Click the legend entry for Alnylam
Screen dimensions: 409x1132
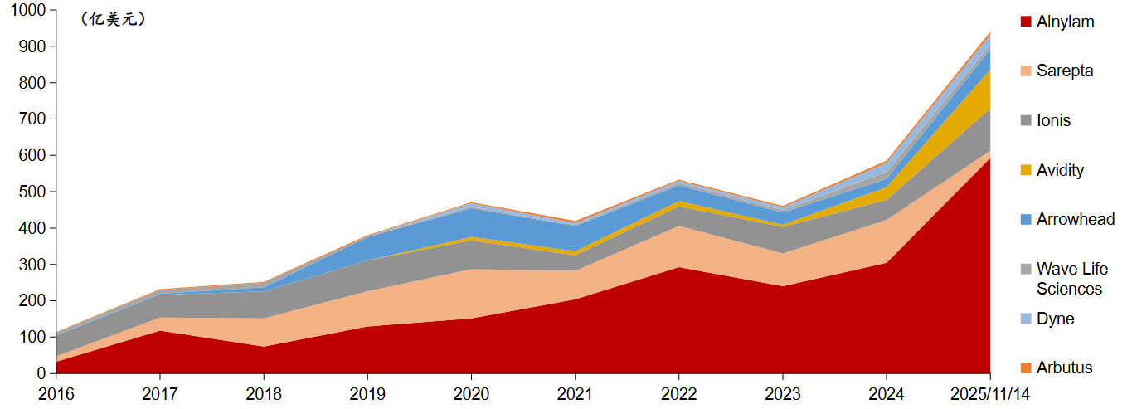[x=1065, y=22]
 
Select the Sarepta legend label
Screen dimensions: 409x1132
[x=1065, y=71]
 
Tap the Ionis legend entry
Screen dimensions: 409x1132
[x=1053, y=120]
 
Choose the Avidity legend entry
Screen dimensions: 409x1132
[x=1060, y=170]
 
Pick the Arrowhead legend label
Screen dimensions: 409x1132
[x=1076, y=219]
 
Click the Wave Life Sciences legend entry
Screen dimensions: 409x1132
[x=1071, y=279]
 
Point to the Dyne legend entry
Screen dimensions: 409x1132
[x=1055, y=319]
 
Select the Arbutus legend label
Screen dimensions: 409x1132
[x=1064, y=368]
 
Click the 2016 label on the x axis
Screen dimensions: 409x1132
[x=56, y=394]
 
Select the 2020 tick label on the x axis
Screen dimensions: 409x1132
[x=471, y=394]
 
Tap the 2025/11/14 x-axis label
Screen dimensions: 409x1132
[x=990, y=394]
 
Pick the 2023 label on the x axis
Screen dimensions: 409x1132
[x=783, y=394]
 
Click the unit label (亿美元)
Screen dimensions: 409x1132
[x=114, y=20]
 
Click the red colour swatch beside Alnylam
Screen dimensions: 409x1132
[x=1025, y=22]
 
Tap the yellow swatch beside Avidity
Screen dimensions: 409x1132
[x=1025, y=170]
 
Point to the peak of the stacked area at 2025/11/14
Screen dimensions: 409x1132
[x=990, y=32]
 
